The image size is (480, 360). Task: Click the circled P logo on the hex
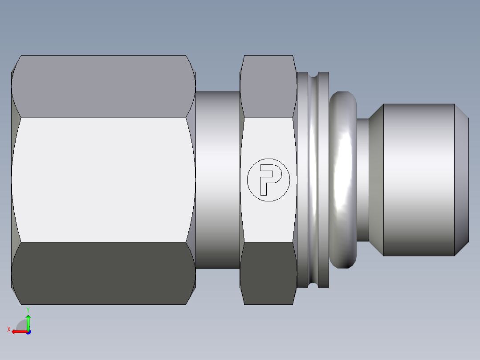[268, 180]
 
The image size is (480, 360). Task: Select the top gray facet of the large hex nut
[103, 86]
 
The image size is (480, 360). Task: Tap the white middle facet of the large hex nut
[103, 180]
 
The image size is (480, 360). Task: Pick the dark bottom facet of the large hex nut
[103, 273]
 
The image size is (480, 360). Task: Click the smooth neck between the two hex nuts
[218, 180]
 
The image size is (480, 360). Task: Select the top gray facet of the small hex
[268, 86]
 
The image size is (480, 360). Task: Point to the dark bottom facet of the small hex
[268, 273]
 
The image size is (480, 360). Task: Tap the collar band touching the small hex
[303, 180]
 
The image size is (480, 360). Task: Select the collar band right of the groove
[324, 180]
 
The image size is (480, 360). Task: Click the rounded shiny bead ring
[343, 180]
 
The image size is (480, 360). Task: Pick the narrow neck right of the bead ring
[363, 180]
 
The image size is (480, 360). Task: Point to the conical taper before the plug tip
[376, 180]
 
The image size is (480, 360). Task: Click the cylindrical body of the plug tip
[419, 180]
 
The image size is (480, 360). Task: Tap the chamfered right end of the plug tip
[461, 180]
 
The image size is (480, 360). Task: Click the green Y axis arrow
[28, 322]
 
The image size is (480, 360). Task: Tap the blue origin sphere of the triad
[28, 331]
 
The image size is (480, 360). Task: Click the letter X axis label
[8, 330]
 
